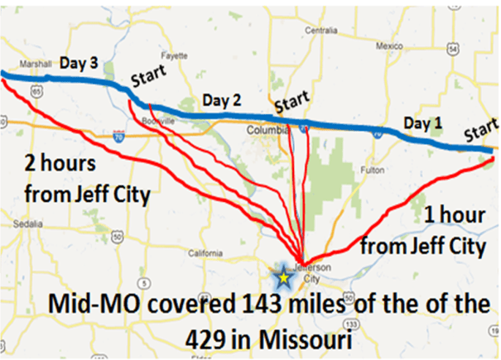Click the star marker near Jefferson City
(x=283, y=277)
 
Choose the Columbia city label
(x=267, y=131)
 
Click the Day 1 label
(x=423, y=123)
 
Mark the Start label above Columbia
(x=291, y=103)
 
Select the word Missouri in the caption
(x=300, y=339)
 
